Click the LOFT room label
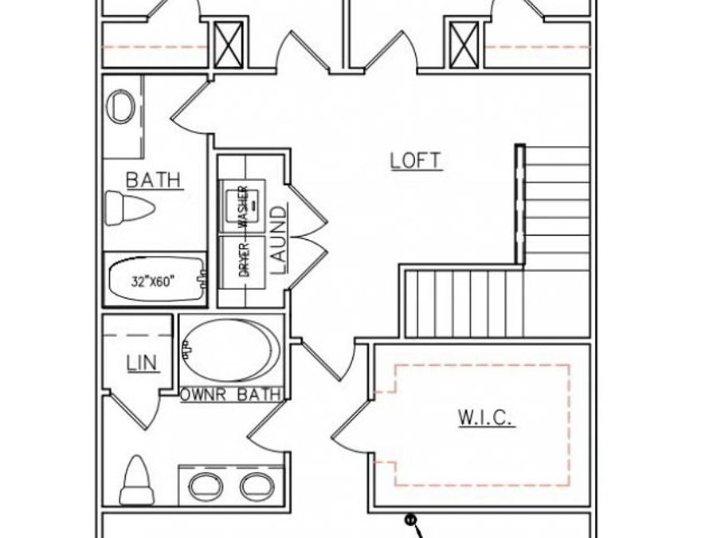pyautogui.click(x=416, y=160)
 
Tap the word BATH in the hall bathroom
pyautogui.click(x=154, y=180)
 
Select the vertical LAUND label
pyautogui.click(x=279, y=240)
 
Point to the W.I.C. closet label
pyautogui.click(x=486, y=417)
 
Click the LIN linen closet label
pyautogui.click(x=142, y=363)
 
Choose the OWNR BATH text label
pyautogui.click(x=231, y=394)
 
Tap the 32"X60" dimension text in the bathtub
pyautogui.click(x=153, y=281)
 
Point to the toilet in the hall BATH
pyautogui.click(x=129, y=208)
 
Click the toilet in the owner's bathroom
pyautogui.click(x=136, y=481)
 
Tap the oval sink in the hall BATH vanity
pyautogui.click(x=121, y=107)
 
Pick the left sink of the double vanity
pyautogui.click(x=205, y=485)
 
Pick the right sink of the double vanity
pyautogui.click(x=257, y=485)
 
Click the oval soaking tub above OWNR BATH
pyautogui.click(x=231, y=351)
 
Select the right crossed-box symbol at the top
pyautogui.click(x=463, y=45)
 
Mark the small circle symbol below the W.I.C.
pyautogui.click(x=411, y=520)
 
